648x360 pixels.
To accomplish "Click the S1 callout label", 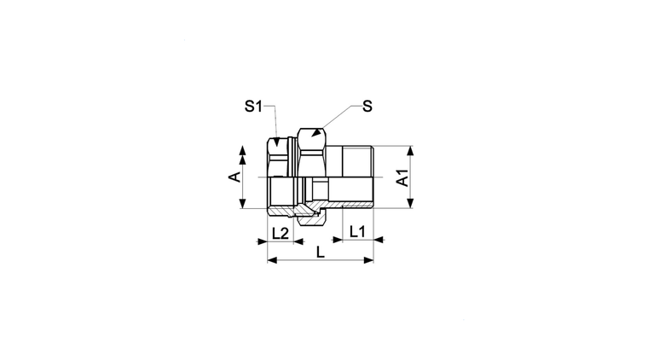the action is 253,107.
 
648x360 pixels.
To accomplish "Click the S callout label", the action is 367,107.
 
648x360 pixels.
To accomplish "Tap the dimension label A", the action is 234,177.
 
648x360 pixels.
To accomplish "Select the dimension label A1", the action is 403,177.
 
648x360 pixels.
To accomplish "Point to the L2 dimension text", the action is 281,234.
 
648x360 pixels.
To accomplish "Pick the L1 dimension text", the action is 357,232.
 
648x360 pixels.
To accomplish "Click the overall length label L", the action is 321,253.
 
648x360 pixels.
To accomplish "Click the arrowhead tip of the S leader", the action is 313,135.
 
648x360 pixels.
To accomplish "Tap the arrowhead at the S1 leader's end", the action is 277,145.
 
